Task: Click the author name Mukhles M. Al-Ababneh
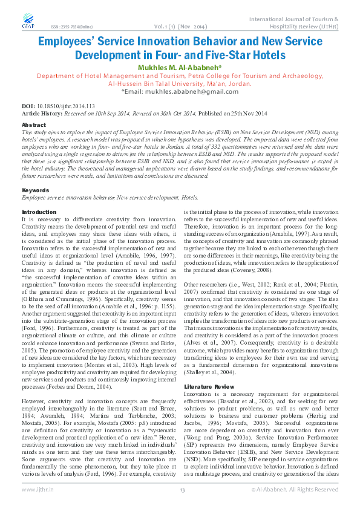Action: pyautogui.click(x=180, y=67)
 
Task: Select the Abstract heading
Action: pyautogui.click(x=33, y=125)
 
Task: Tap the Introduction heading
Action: pyautogui.click(x=39, y=212)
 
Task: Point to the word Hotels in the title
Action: pyautogui.click(x=261, y=55)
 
